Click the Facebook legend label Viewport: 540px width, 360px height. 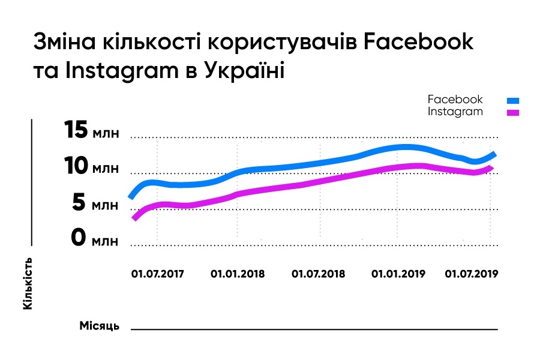455,100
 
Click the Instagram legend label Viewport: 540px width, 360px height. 455,112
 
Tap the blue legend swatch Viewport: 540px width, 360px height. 513,101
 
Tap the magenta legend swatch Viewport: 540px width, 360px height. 513,112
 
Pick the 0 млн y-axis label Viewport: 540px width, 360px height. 95,239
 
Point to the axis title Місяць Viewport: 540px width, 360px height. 100,326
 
